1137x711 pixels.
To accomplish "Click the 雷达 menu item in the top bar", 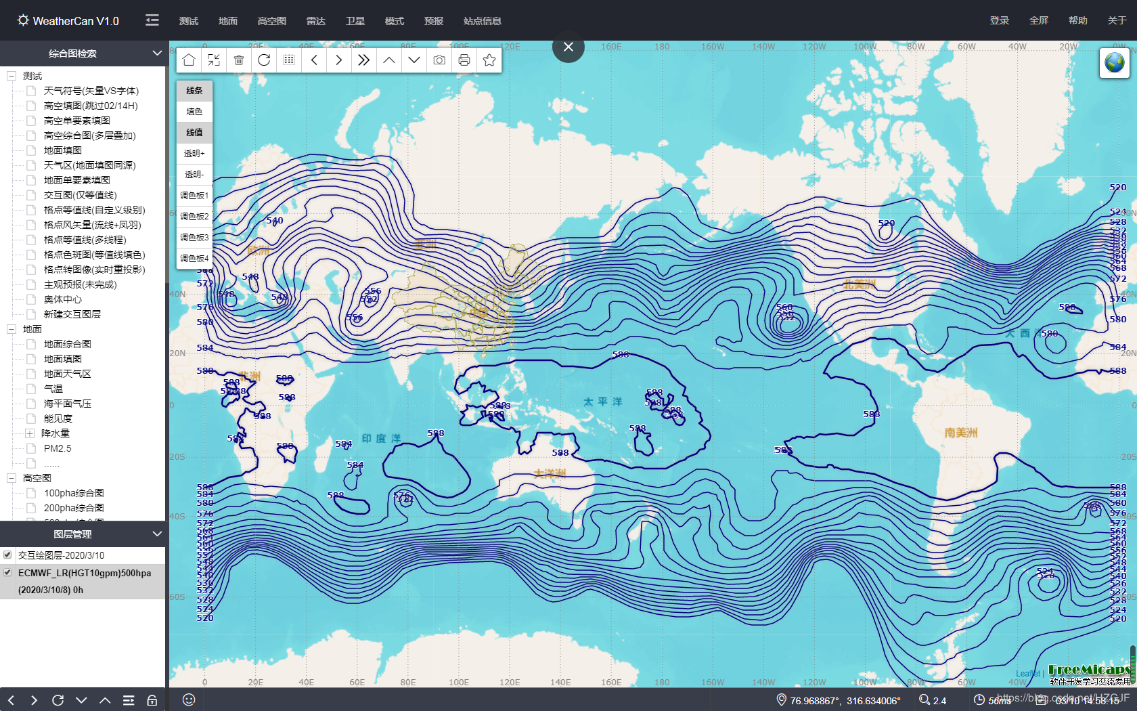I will pyautogui.click(x=315, y=21).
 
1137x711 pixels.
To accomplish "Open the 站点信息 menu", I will pyautogui.click(x=482, y=21).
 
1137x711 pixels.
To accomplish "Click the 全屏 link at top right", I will pyautogui.click(x=1038, y=20).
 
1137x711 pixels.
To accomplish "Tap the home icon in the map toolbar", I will pyautogui.click(x=189, y=60).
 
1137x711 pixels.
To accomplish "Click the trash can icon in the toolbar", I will pyautogui.click(x=239, y=60).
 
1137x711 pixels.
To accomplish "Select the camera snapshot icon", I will pyautogui.click(x=439, y=60).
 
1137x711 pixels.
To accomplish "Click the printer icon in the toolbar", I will pyautogui.click(x=464, y=60).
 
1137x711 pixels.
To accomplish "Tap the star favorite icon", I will pyautogui.click(x=489, y=60).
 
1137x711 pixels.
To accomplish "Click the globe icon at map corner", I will pyautogui.click(x=1114, y=63).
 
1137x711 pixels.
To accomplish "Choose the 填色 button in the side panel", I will pyautogui.click(x=194, y=112).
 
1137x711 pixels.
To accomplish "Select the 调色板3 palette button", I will pyautogui.click(x=194, y=238).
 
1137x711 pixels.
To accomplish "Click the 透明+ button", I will pyautogui.click(x=194, y=154).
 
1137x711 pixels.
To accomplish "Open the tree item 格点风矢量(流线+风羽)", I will pyautogui.click(x=92, y=225).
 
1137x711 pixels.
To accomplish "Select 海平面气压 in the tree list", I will pyautogui.click(x=68, y=404).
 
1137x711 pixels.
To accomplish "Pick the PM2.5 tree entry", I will pyautogui.click(x=58, y=448).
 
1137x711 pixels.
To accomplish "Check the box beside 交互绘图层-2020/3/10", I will pyautogui.click(x=7, y=555).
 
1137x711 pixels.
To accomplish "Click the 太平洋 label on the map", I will pyautogui.click(x=603, y=402).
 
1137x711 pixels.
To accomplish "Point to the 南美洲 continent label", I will pyautogui.click(x=960, y=433).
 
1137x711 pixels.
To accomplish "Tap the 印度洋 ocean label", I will pyautogui.click(x=381, y=439).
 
